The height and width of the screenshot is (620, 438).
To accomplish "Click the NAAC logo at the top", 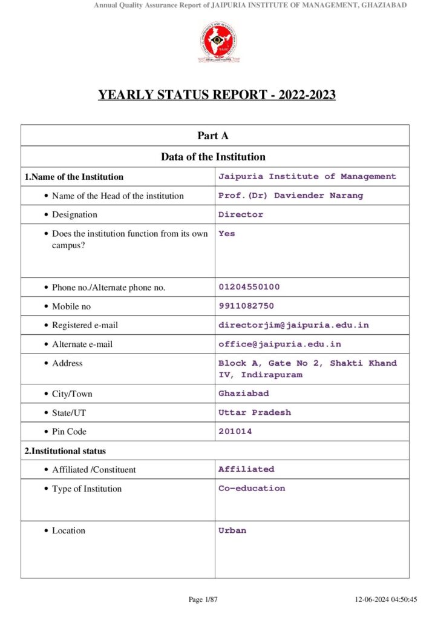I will [x=217, y=42].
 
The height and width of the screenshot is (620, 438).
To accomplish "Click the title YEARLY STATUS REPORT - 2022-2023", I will [x=217, y=95].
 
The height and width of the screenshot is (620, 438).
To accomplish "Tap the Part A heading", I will [x=213, y=136].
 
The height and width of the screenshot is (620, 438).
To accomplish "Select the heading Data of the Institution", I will [x=213, y=157].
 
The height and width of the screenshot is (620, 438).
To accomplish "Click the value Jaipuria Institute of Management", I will [x=307, y=177].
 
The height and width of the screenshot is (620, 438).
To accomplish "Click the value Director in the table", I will [x=241, y=214].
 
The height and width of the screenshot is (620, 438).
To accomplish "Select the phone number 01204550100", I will [x=249, y=287].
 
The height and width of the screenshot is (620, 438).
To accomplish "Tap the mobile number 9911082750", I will [x=246, y=306].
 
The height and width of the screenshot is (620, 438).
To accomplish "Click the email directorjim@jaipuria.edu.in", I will [x=293, y=325].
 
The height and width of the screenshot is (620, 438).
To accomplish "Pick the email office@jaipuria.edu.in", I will [x=279, y=344].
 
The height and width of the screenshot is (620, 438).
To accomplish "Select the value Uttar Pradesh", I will [x=255, y=412].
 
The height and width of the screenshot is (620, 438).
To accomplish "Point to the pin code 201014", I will [x=235, y=432].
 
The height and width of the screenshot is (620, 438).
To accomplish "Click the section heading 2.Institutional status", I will [x=65, y=450].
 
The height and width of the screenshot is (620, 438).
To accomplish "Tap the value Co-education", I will [x=252, y=488].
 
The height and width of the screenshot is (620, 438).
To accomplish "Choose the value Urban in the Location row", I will [x=232, y=530].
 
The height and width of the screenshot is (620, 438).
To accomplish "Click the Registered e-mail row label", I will [x=85, y=325].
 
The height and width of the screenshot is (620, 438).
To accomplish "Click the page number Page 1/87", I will [x=203, y=599].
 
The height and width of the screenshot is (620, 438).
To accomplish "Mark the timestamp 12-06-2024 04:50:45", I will [x=386, y=599].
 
